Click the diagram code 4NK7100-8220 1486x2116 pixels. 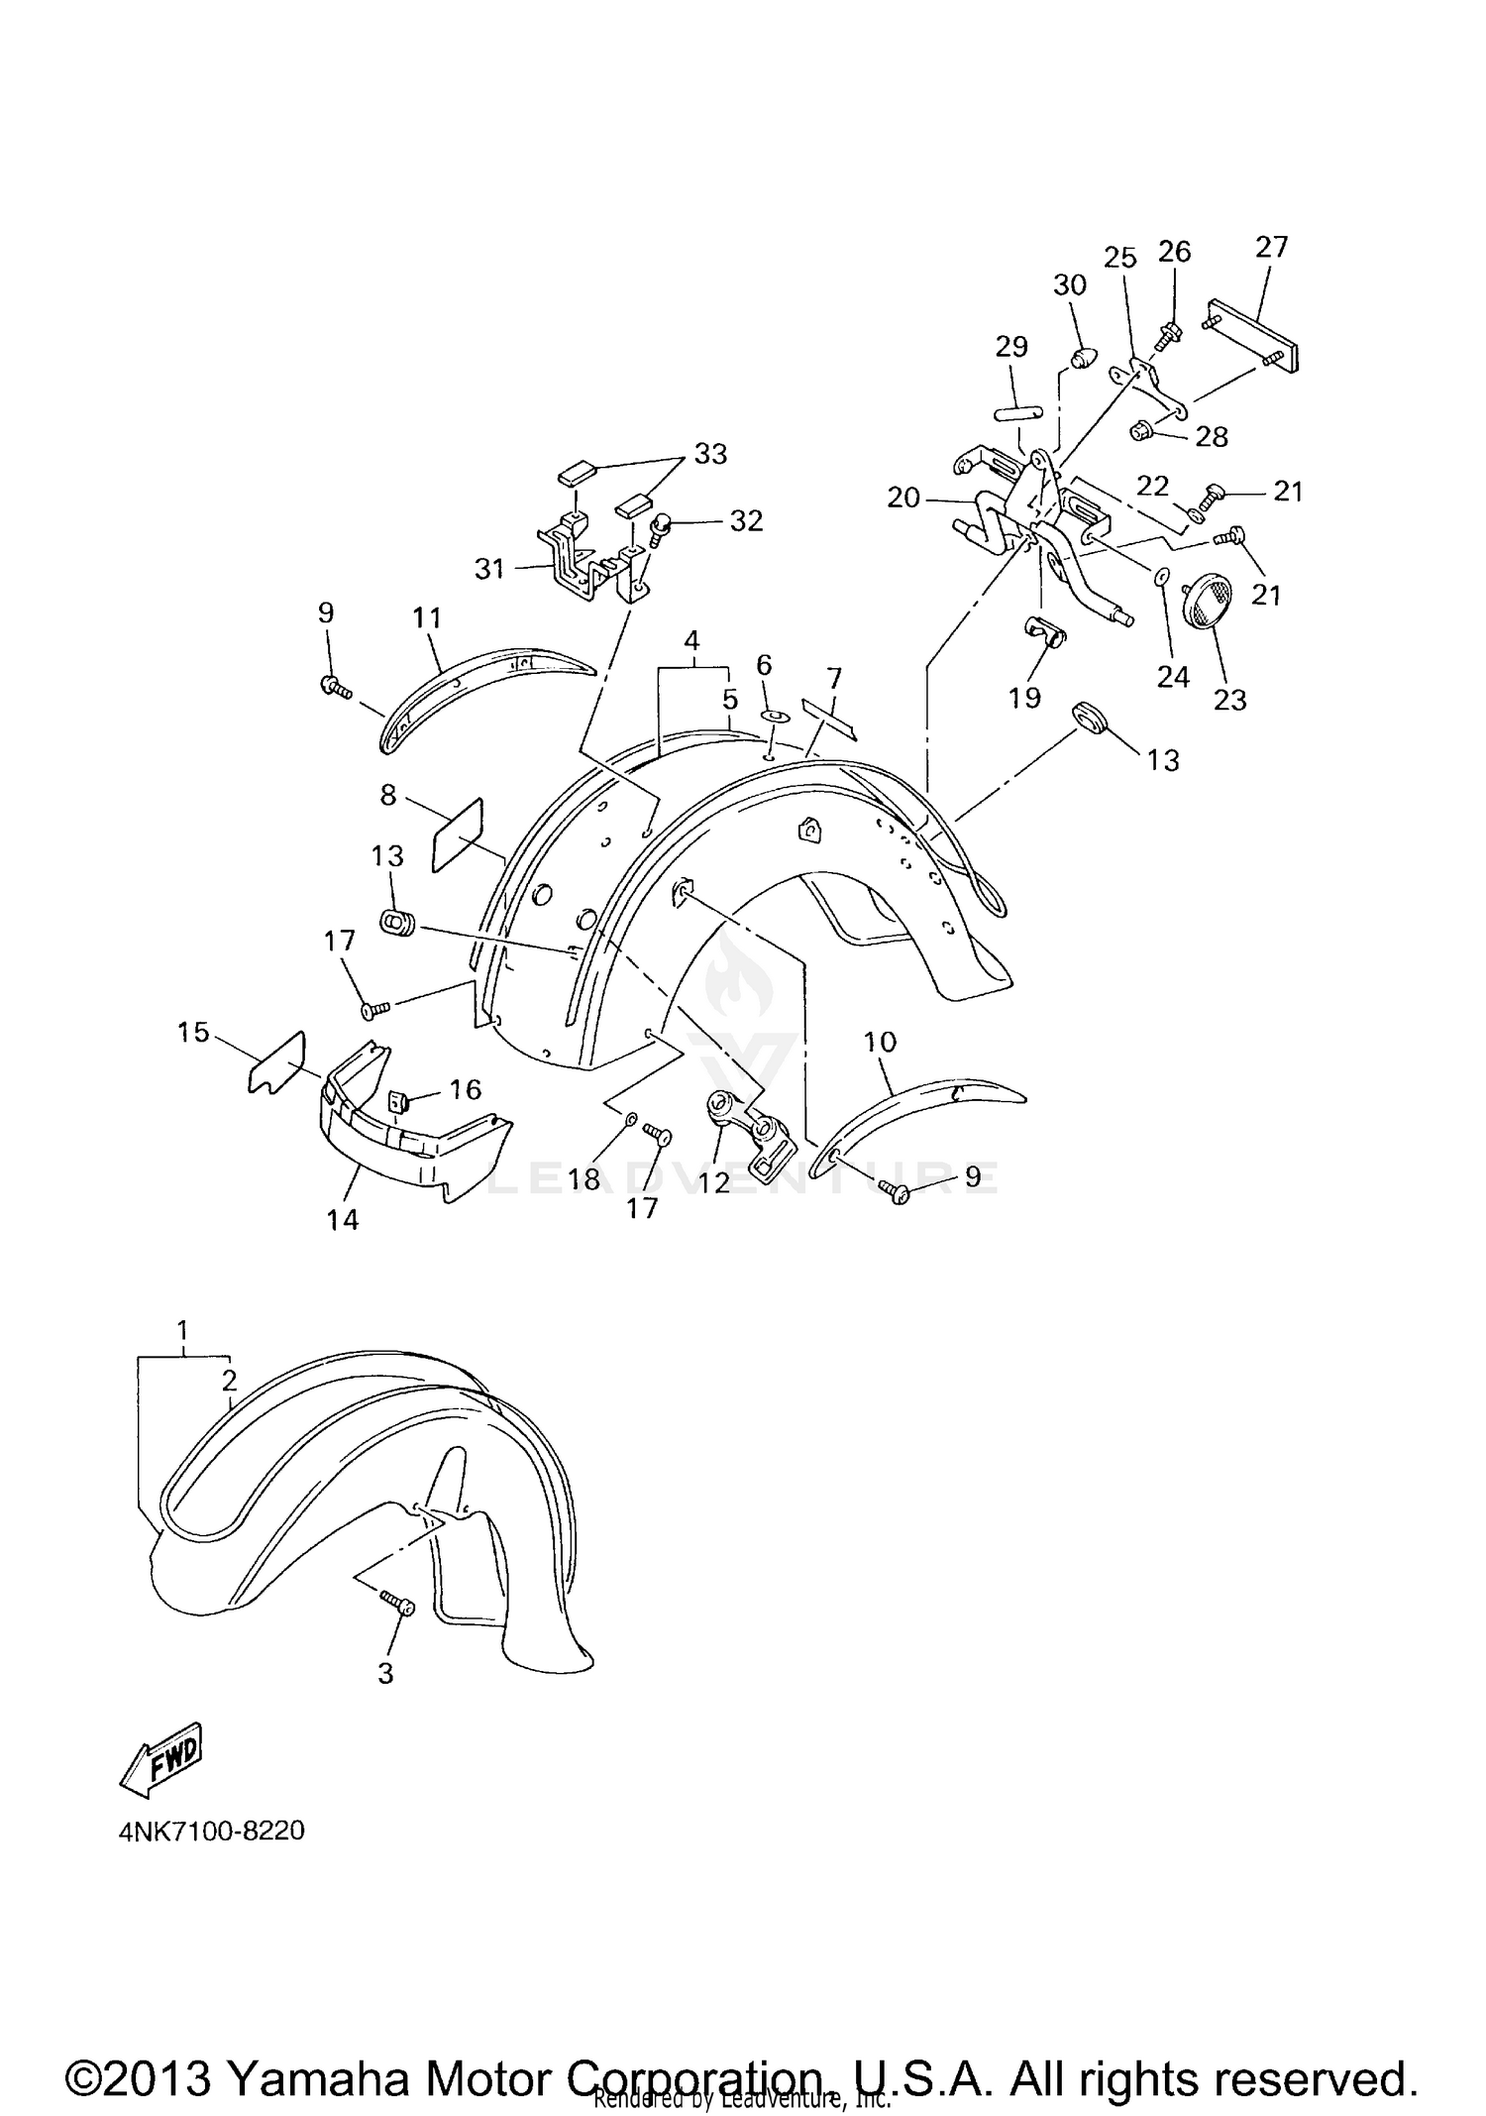[211, 1831]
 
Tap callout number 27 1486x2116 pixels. [1271, 247]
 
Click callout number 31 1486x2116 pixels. [489, 568]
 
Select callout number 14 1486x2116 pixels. [343, 1219]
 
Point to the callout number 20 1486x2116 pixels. [903, 497]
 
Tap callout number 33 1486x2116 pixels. [710, 453]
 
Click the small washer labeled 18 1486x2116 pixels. [630, 1120]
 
